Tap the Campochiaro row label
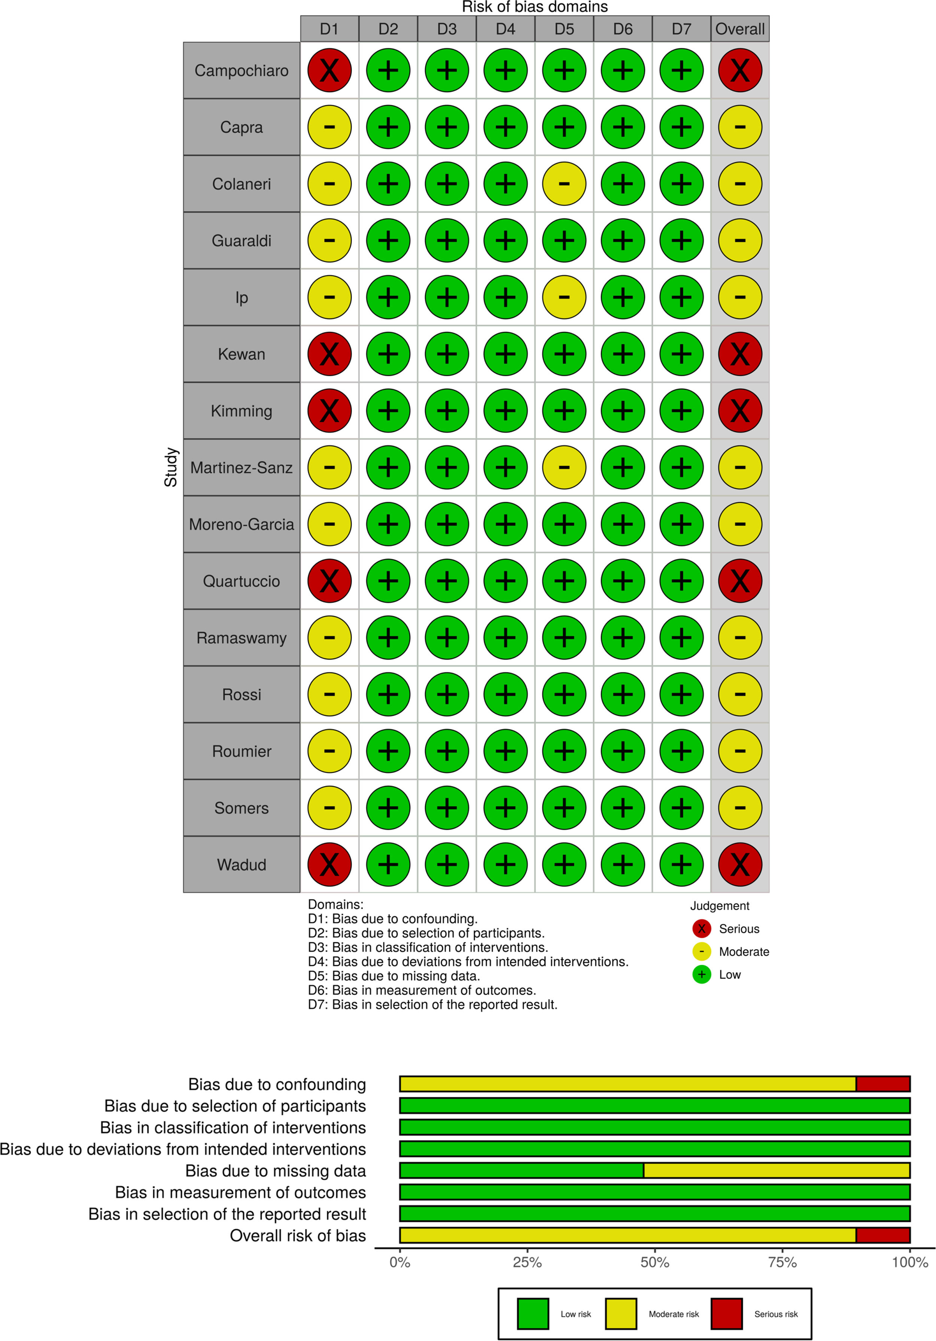click(241, 71)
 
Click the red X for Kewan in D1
click(329, 354)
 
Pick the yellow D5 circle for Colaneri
click(564, 184)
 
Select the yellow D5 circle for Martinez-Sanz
click(564, 467)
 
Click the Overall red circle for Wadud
click(740, 864)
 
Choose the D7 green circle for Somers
click(681, 808)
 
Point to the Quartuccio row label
click(241, 581)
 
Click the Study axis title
click(171, 467)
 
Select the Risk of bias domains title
click(535, 7)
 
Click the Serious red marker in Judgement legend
click(701, 929)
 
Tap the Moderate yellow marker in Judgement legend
click(701, 951)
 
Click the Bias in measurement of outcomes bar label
click(240, 1192)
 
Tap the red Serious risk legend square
click(726, 1314)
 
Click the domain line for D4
click(468, 961)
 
